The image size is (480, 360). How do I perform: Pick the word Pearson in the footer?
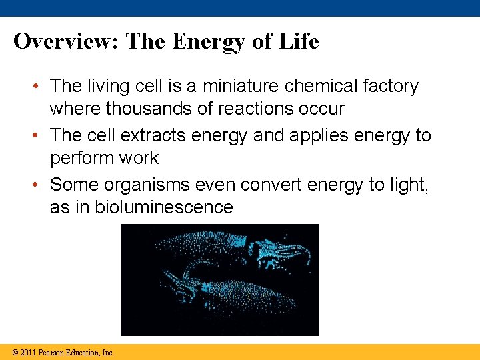pos(51,353)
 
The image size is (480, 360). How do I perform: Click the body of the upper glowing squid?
pos(200,250)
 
